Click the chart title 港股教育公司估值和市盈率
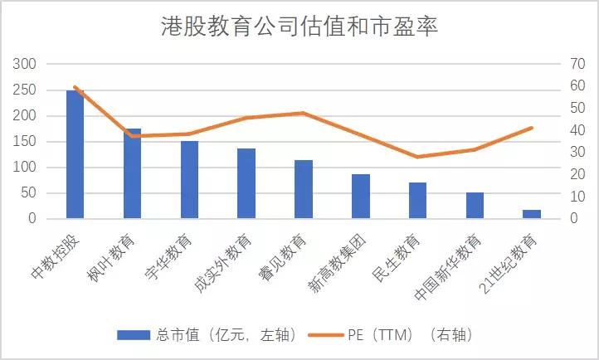pos(299,27)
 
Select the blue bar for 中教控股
pos(75,154)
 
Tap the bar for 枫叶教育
pos(133,173)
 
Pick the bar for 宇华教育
pos(189,179)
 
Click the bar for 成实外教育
pos(246,183)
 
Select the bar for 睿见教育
pos(304,189)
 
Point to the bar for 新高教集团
pos(361,197)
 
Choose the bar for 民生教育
pos(417,201)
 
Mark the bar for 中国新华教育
pos(475,206)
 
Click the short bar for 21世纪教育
pos(532,214)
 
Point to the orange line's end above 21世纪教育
pos(532,128)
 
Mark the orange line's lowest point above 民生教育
pos(417,157)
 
